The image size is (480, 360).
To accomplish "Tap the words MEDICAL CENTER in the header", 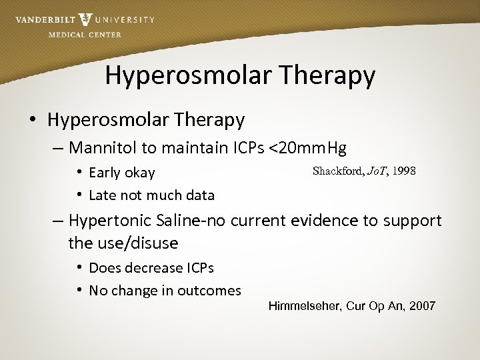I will click(85, 35).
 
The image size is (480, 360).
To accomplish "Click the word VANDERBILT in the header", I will click(45, 20).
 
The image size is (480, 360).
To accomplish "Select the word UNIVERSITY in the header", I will click(127, 20).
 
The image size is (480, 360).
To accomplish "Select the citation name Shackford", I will click(337, 171).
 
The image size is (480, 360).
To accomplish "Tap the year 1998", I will click(404, 171).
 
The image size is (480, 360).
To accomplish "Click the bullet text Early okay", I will click(121, 173).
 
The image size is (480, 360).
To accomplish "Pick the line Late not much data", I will click(151, 195).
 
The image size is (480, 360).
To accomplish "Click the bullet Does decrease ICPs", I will click(151, 268).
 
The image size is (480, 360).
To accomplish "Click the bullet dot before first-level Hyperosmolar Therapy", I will click(32, 121).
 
